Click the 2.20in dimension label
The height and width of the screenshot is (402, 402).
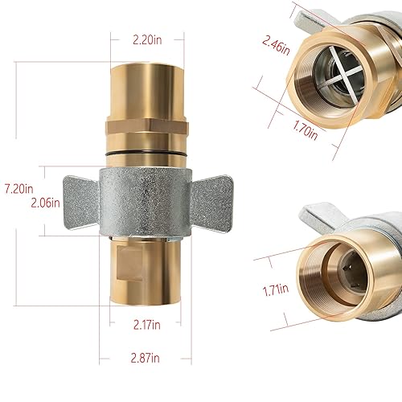click(148, 37)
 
